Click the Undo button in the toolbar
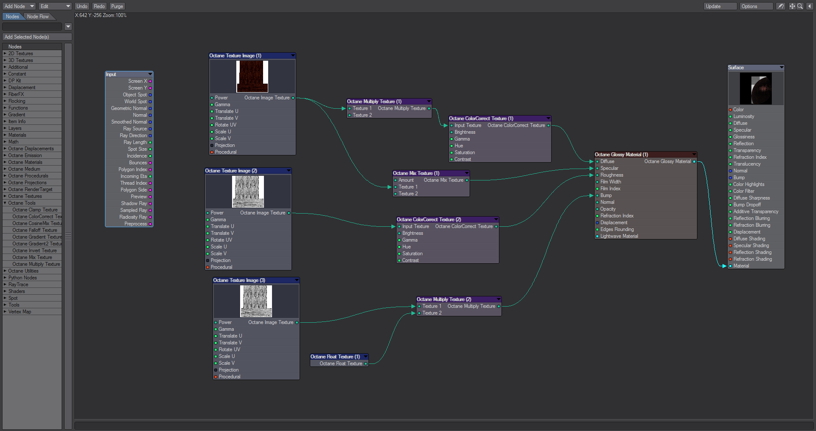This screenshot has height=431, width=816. (82, 6)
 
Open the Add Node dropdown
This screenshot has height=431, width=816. (19, 6)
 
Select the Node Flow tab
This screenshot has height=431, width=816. (38, 17)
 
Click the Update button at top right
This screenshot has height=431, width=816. (720, 6)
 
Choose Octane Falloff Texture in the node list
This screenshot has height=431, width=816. (34, 230)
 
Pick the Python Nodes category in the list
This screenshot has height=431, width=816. (23, 278)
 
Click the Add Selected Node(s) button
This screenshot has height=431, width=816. (37, 37)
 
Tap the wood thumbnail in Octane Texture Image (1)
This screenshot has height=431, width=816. (252, 76)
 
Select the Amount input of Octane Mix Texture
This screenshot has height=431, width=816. (406, 180)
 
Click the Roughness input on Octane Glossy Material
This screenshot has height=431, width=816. (612, 175)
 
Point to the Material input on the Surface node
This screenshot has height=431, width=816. (741, 266)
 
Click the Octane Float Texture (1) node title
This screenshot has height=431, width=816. (336, 357)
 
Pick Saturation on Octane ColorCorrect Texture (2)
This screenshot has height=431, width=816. (412, 254)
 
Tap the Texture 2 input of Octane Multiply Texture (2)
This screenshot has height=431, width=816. (431, 313)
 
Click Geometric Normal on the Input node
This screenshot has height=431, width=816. (129, 108)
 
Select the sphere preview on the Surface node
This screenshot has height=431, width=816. (756, 88)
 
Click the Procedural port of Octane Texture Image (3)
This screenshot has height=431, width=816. (229, 377)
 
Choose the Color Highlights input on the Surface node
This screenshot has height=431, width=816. (748, 184)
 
